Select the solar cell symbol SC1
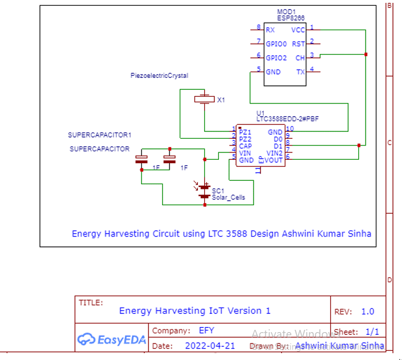point(205,192)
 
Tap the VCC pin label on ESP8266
point(297,30)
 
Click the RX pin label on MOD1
point(271,30)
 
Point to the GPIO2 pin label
point(276,57)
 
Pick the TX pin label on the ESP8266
point(300,72)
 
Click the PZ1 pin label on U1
point(245,132)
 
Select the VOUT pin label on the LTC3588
point(274,160)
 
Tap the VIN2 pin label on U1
point(275,153)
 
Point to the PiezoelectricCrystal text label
point(159,76)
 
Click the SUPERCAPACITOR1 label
point(100,135)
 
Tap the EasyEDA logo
point(111,340)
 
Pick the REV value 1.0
point(367,312)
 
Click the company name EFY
point(206,330)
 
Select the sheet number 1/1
point(372,331)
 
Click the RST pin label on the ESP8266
point(298,44)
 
